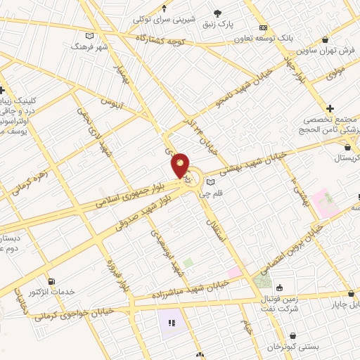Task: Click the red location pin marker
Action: pyautogui.click(x=181, y=165)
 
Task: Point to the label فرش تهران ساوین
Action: pyautogui.click(x=326, y=51)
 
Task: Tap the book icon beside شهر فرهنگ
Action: pyautogui.click(x=89, y=35)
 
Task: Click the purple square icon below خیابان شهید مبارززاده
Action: pyautogui.click(x=171, y=324)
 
